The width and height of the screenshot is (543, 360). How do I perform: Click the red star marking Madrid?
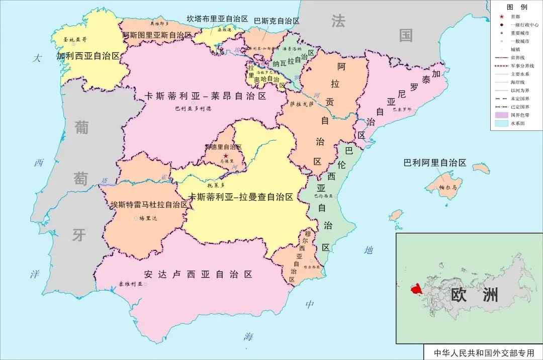point(225,156)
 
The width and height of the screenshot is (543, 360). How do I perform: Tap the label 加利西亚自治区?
point(88,56)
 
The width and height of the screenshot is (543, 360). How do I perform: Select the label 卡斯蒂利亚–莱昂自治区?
point(205,96)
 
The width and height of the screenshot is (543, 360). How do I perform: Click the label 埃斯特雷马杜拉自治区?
point(149,205)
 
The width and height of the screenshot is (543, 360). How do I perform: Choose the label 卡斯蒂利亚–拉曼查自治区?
point(240,197)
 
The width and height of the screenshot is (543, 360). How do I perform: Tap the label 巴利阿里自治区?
point(435,163)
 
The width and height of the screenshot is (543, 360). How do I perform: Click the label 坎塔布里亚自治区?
point(218,19)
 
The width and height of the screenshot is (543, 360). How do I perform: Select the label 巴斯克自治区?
point(277,21)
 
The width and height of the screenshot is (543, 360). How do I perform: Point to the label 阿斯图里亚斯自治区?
point(157,35)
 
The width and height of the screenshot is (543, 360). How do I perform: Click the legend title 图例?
point(516,7)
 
